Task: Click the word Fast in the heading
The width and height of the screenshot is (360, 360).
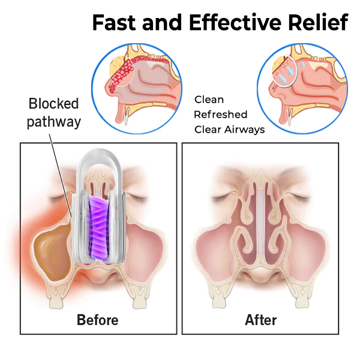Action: pos(115,23)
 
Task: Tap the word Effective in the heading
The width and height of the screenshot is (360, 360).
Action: pos(235,23)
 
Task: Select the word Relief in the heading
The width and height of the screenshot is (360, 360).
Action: pos(319,22)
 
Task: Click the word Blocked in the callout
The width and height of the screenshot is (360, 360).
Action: pos(54,104)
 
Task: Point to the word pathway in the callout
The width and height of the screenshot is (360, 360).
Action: pos(54,122)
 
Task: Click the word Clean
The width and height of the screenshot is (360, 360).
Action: pos(209,100)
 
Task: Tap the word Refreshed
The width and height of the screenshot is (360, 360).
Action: pos(221,115)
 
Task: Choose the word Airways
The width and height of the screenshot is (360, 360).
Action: pos(244,130)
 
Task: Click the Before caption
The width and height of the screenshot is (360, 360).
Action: pos(98,320)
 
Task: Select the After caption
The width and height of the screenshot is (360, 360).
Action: pos(261,320)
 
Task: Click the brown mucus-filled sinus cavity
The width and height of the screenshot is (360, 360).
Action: pos(52,250)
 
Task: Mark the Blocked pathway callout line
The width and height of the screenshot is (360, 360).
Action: pos(61,175)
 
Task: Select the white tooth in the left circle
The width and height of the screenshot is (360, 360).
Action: pos(126,116)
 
